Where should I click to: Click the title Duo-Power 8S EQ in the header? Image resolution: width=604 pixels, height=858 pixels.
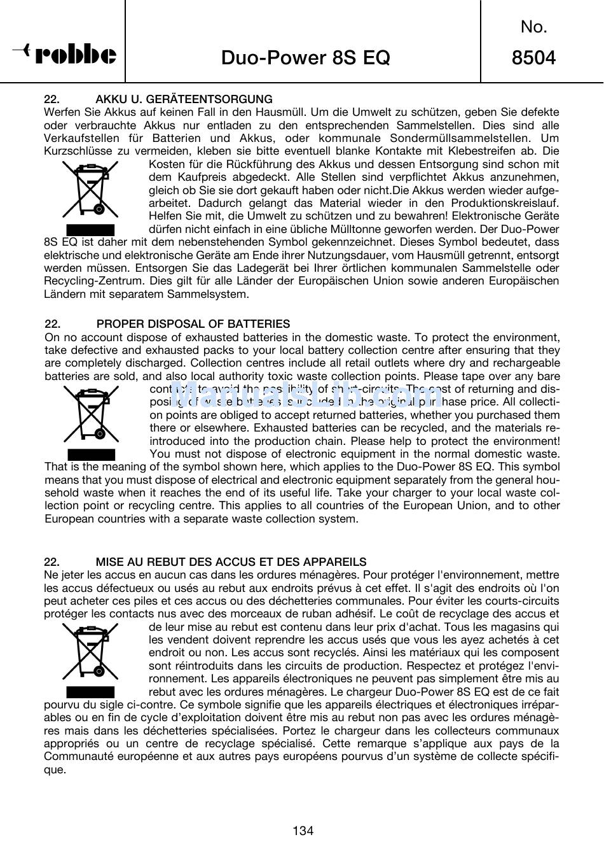[305, 58]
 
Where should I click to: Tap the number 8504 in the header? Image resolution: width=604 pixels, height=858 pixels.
[533, 58]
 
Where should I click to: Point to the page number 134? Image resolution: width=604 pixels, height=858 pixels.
[303, 830]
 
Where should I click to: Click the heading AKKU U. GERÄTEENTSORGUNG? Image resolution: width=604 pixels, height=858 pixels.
[184, 99]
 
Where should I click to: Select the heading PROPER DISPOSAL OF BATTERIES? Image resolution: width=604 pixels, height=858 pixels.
[193, 324]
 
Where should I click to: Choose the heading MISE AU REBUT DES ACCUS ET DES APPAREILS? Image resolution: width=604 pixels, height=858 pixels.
[231, 562]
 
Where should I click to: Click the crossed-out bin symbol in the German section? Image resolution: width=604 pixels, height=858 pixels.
[90, 190]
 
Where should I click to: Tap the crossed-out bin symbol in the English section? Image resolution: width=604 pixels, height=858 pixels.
[91, 414]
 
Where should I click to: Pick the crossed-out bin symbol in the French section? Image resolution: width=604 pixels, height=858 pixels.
[90, 652]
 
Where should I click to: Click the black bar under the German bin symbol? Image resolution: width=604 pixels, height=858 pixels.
[90, 230]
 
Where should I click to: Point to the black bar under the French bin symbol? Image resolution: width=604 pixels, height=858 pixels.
[90, 693]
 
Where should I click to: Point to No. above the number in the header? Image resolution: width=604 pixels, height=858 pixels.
[533, 27]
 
